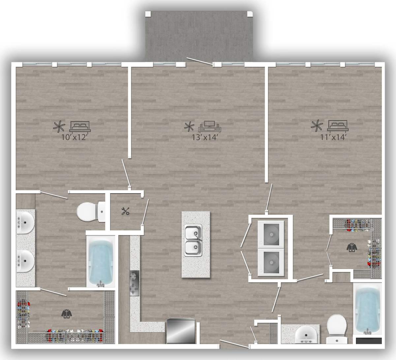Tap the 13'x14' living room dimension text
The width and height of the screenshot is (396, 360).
[x=206, y=137]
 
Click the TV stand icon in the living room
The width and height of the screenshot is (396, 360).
[x=210, y=126]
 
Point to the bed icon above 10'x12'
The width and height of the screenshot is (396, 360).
[x=79, y=125]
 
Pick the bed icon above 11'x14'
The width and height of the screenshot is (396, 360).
[x=337, y=125]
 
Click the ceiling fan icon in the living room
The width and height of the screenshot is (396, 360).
[x=189, y=126]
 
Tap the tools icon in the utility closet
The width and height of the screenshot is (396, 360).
[x=125, y=211]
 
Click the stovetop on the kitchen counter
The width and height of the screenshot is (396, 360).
[x=134, y=283]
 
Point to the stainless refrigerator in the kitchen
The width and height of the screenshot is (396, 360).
[x=180, y=331]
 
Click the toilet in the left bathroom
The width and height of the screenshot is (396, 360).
[x=90, y=211]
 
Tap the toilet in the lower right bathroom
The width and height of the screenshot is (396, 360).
[x=336, y=328]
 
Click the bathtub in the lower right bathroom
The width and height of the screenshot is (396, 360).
[x=368, y=310]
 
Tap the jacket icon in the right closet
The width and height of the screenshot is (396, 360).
[x=350, y=247]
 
